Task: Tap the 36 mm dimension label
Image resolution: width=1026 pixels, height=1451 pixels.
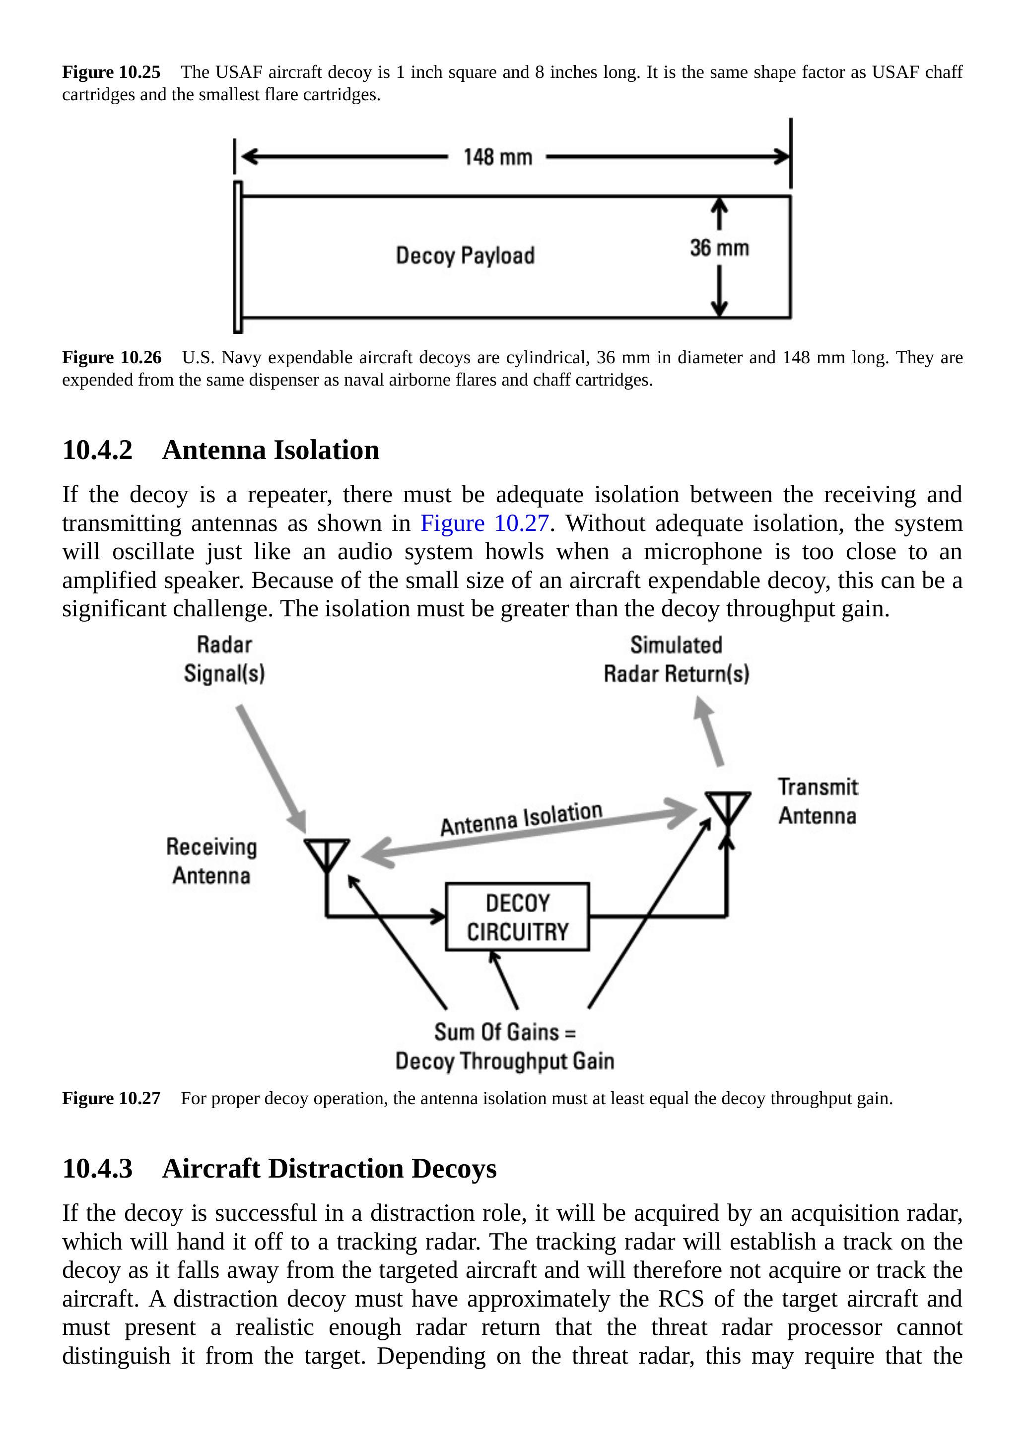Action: [x=719, y=248]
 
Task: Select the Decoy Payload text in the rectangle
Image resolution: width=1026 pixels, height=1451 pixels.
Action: [x=465, y=256]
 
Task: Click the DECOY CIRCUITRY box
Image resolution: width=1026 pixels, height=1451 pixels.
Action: [x=517, y=917]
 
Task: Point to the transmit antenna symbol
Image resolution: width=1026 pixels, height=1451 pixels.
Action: [x=728, y=806]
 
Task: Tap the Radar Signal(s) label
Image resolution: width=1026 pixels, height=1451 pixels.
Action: [x=224, y=659]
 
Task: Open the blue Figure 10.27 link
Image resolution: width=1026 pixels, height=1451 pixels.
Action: [x=484, y=523]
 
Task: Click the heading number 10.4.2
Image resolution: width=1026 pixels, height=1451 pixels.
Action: [x=97, y=450]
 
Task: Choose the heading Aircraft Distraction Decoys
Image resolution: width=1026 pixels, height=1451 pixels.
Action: [x=329, y=1169]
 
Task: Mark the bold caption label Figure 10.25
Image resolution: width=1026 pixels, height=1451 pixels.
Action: [x=111, y=72]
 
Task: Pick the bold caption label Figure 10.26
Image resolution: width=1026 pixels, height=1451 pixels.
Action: [x=112, y=358]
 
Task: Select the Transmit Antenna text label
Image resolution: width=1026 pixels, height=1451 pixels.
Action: [x=818, y=801]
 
